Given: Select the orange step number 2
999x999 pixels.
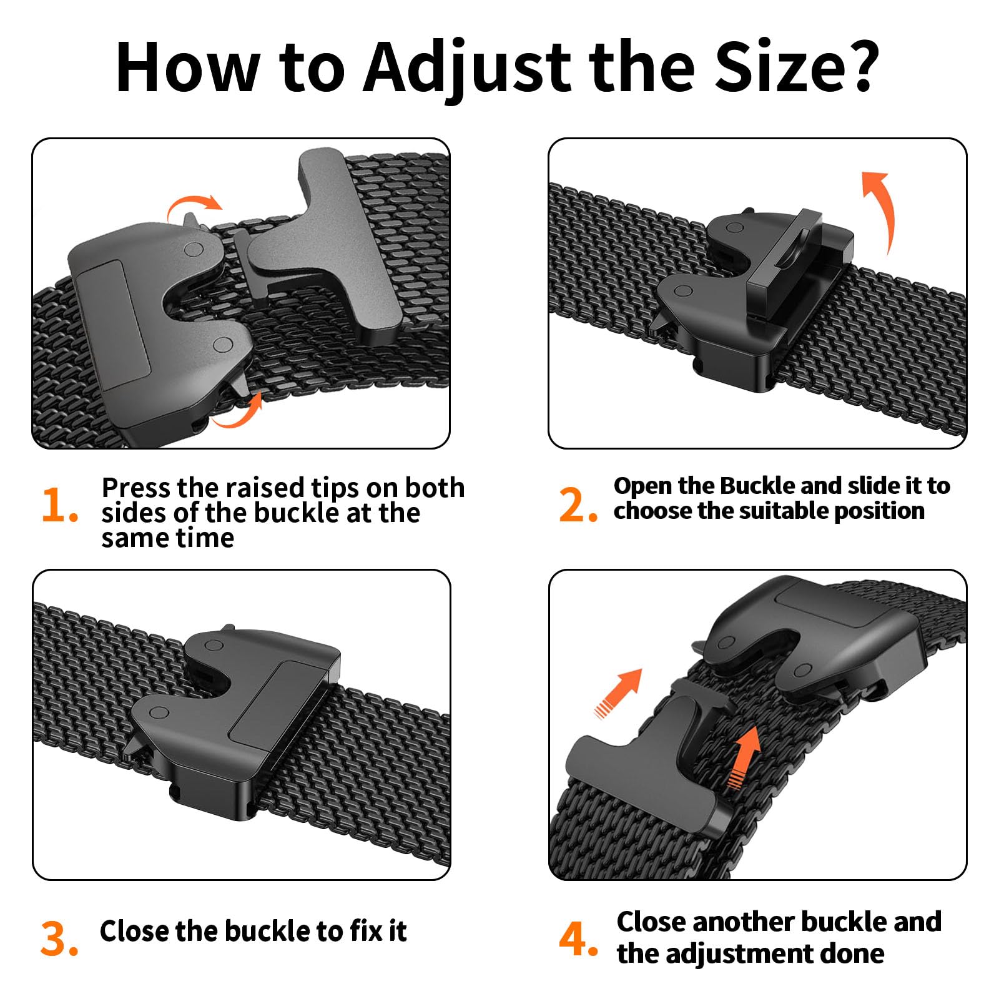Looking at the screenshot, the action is coord(578,504).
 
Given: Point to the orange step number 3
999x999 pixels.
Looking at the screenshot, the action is coord(59,938).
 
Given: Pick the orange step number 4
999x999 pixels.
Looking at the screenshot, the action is coord(578,938).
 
